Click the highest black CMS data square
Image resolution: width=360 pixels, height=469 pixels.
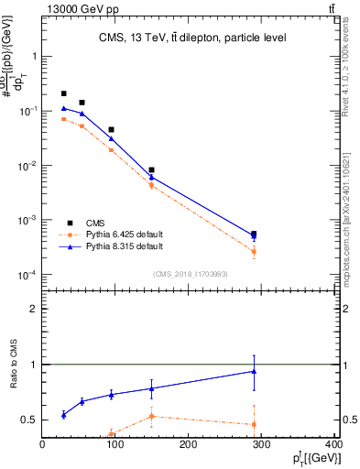[63, 93]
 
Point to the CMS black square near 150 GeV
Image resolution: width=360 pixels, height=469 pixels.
[151, 169]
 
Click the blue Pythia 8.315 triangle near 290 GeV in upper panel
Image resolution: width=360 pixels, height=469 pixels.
[254, 237]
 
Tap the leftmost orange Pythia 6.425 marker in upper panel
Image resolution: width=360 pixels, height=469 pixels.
[63, 119]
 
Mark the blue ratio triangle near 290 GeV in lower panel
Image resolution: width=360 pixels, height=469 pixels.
[254, 371]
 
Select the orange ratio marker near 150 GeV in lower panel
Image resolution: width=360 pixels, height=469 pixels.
[151, 416]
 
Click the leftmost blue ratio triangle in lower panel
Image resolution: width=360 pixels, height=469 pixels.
[63, 415]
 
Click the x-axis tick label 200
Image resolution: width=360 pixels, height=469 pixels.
[189, 446]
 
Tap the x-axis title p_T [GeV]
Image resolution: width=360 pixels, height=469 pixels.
[312, 458]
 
